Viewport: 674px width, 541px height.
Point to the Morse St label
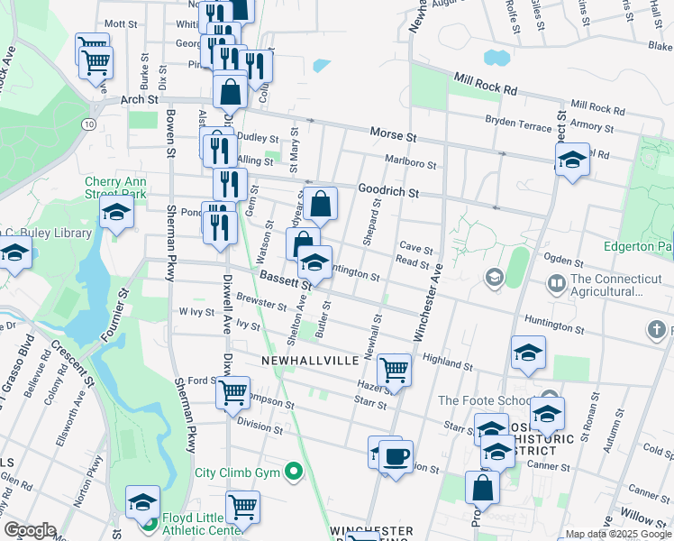click(x=393, y=135)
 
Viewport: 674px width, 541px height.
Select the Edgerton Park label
click(x=639, y=246)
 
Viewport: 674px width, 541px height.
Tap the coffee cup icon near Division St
click(x=396, y=455)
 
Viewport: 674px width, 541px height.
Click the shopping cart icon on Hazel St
click(x=394, y=369)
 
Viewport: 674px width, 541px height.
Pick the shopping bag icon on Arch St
click(x=231, y=90)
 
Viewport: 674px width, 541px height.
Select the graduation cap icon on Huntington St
click(x=314, y=262)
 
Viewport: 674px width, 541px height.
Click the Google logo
click(x=30, y=530)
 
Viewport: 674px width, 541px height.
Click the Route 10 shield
click(x=88, y=123)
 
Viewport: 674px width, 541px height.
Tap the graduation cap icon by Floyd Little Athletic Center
click(x=142, y=501)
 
